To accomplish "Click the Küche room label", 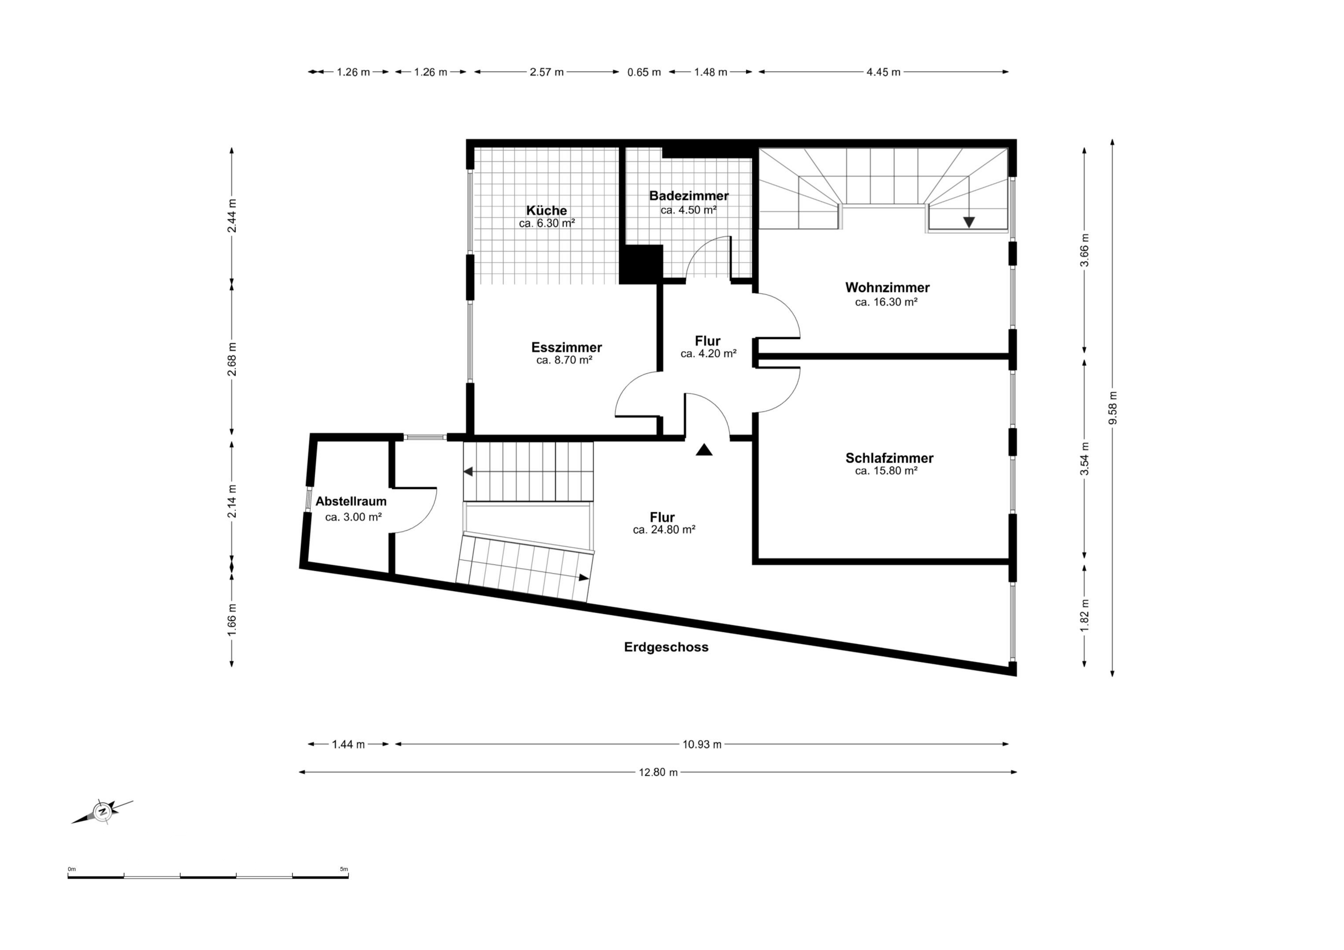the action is (547, 210).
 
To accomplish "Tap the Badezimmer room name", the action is (689, 196).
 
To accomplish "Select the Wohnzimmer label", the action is (887, 287).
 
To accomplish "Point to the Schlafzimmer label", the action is (889, 458).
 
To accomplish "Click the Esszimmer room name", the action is (567, 347).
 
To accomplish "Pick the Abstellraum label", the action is (351, 501).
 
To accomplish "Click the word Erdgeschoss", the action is (666, 647).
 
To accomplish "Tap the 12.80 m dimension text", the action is (658, 772).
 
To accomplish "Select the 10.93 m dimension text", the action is (702, 745).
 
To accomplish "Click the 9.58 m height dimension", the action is (1113, 408).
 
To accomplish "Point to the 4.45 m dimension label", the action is (883, 72).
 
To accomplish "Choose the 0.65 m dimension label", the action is (644, 72).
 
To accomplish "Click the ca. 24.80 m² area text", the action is (664, 530).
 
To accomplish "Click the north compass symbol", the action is (103, 812).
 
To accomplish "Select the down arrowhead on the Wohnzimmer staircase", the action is (969, 223).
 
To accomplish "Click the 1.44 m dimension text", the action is (348, 745).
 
